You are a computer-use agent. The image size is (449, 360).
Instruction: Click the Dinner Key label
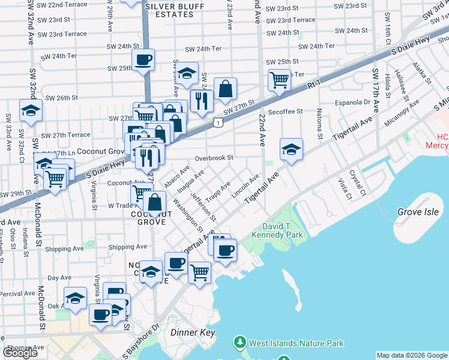(x=193, y=332)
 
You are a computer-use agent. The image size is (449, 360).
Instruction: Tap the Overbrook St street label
(x=213, y=158)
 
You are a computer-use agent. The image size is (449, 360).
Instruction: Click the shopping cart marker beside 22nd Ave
(x=279, y=79)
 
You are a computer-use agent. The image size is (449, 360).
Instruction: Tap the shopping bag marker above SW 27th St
(x=225, y=89)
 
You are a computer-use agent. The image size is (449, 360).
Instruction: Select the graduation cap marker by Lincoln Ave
(x=291, y=149)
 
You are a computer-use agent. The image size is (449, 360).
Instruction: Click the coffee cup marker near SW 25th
(x=143, y=60)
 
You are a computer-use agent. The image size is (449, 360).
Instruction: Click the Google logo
(x=20, y=353)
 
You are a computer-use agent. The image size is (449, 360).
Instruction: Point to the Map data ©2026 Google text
(x=411, y=355)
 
